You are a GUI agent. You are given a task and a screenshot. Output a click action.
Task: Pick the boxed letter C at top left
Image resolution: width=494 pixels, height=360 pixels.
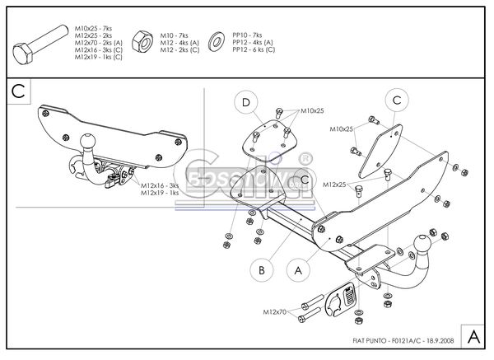point(19,91)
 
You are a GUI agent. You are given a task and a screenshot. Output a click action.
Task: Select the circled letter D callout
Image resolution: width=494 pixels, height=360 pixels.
point(245,103)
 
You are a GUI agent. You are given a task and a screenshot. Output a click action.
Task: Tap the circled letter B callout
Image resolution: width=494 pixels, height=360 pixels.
point(260,269)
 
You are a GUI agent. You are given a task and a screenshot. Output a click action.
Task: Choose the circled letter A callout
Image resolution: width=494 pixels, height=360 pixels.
point(296,269)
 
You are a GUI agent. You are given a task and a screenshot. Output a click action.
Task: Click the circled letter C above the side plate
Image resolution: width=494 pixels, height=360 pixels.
point(397,101)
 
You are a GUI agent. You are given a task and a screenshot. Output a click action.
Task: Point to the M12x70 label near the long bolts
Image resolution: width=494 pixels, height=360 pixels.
point(276,312)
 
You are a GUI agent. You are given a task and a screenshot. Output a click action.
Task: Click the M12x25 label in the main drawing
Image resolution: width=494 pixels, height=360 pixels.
point(335,184)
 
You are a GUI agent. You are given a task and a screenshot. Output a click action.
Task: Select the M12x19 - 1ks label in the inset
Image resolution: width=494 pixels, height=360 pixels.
point(160,193)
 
